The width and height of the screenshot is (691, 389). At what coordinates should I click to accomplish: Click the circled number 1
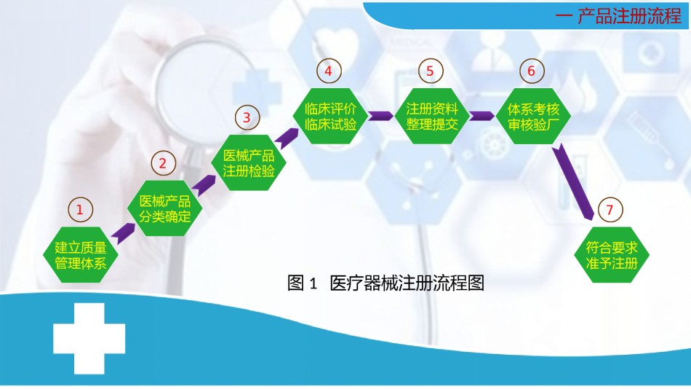pyautogui.click(x=80, y=210)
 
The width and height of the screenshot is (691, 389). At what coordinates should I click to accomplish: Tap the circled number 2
pyautogui.click(x=163, y=163)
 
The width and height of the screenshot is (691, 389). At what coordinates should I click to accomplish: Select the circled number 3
pyautogui.click(x=247, y=117)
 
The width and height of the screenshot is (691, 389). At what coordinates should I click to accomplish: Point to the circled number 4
pyautogui.click(x=329, y=71)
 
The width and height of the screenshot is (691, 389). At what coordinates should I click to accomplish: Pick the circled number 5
pyautogui.click(x=431, y=71)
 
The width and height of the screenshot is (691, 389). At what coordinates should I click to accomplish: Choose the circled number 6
pyautogui.click(x=532, y=71)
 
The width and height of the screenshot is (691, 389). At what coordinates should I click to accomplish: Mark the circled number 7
pyautogui.click(x=610, y=210)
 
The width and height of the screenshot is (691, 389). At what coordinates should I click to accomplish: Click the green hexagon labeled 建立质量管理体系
pyautogui.click(x=81, y=255)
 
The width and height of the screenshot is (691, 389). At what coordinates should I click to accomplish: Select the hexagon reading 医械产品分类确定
pyautogui.click(x=165, y=208)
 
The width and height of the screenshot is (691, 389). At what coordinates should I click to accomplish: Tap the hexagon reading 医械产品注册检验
pyautogui.click(x=249, y=162)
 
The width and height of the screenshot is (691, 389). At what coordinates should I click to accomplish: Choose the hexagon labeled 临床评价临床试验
pyautogui.click(x=330, y=116)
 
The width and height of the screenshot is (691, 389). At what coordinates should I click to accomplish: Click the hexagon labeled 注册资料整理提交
pyautogui.click(x=432, y=116)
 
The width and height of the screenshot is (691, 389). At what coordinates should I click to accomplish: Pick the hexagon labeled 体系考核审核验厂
pyautogui.click(x=533, y=116)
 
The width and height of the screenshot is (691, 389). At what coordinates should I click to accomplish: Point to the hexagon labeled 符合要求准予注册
pyautogui.click(x=612, y=255)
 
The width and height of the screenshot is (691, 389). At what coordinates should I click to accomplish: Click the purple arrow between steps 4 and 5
pyautogui.click(x=380, y=116)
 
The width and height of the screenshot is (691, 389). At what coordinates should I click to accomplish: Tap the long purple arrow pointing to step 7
pyautogui.click(x=573, y=181)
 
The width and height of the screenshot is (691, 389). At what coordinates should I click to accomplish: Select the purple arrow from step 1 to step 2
pyautogui.click(x=123, y=234)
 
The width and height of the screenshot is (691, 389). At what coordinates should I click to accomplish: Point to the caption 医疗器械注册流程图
pyautogui.click(x=407, y=283)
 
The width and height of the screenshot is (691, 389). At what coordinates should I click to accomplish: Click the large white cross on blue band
pyautogui.click(x=89, y=338)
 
